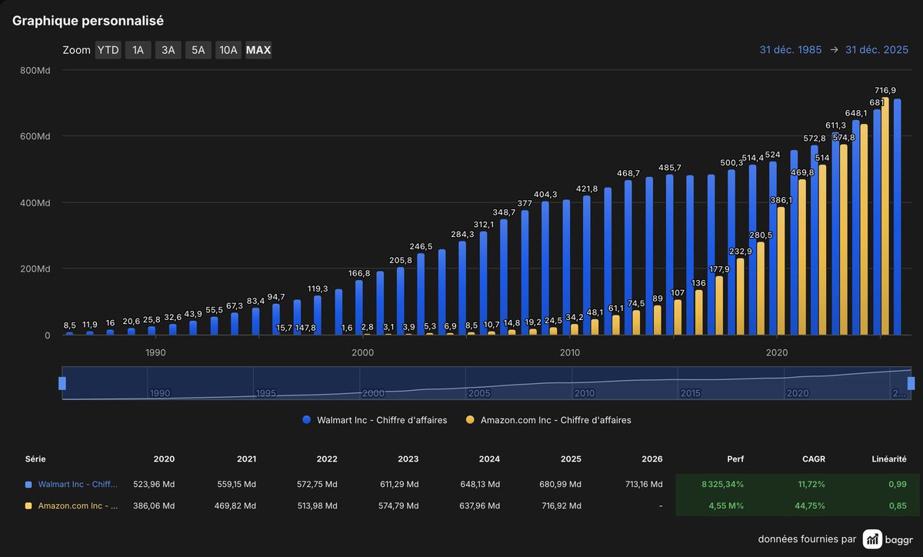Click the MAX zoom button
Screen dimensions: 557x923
[x=258, y=51]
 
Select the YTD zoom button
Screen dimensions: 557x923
[x=108, y=51]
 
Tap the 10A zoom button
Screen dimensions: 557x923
[x=228, y=51]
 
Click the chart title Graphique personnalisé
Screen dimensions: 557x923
[x=88, y=21]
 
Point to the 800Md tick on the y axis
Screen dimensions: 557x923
[x=35, y=70]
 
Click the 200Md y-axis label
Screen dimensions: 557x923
[x=35, y=269]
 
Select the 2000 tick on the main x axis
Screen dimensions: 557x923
[x=362, y=352]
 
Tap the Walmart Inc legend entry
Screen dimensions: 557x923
[x=375, y=420]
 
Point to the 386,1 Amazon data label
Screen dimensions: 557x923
[x=780, y=200]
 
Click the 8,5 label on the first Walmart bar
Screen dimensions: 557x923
[x=69, y=325]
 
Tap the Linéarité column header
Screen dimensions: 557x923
[x=888, y=459]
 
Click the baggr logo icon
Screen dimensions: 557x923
[x=872, y=539]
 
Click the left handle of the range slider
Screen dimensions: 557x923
[x=62, y=383]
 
